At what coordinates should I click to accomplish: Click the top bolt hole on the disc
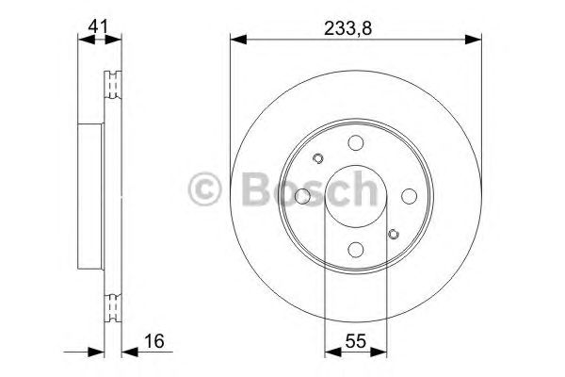pyautogui.click(x=354, y=142)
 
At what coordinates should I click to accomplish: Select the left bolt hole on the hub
pyautogui.click(x=302, y=196)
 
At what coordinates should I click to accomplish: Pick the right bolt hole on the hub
pyautogui.click(x=409, y=196)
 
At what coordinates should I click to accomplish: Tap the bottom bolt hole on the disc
pyautogui.click(x=354, y=250)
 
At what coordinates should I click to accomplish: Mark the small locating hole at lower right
pyautogui.click(x=394, y=234)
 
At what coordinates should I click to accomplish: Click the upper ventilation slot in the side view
pyautogui.click(x=114, y=86)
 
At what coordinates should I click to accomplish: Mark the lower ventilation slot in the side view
pyautogui.click(x=114, y=306)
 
